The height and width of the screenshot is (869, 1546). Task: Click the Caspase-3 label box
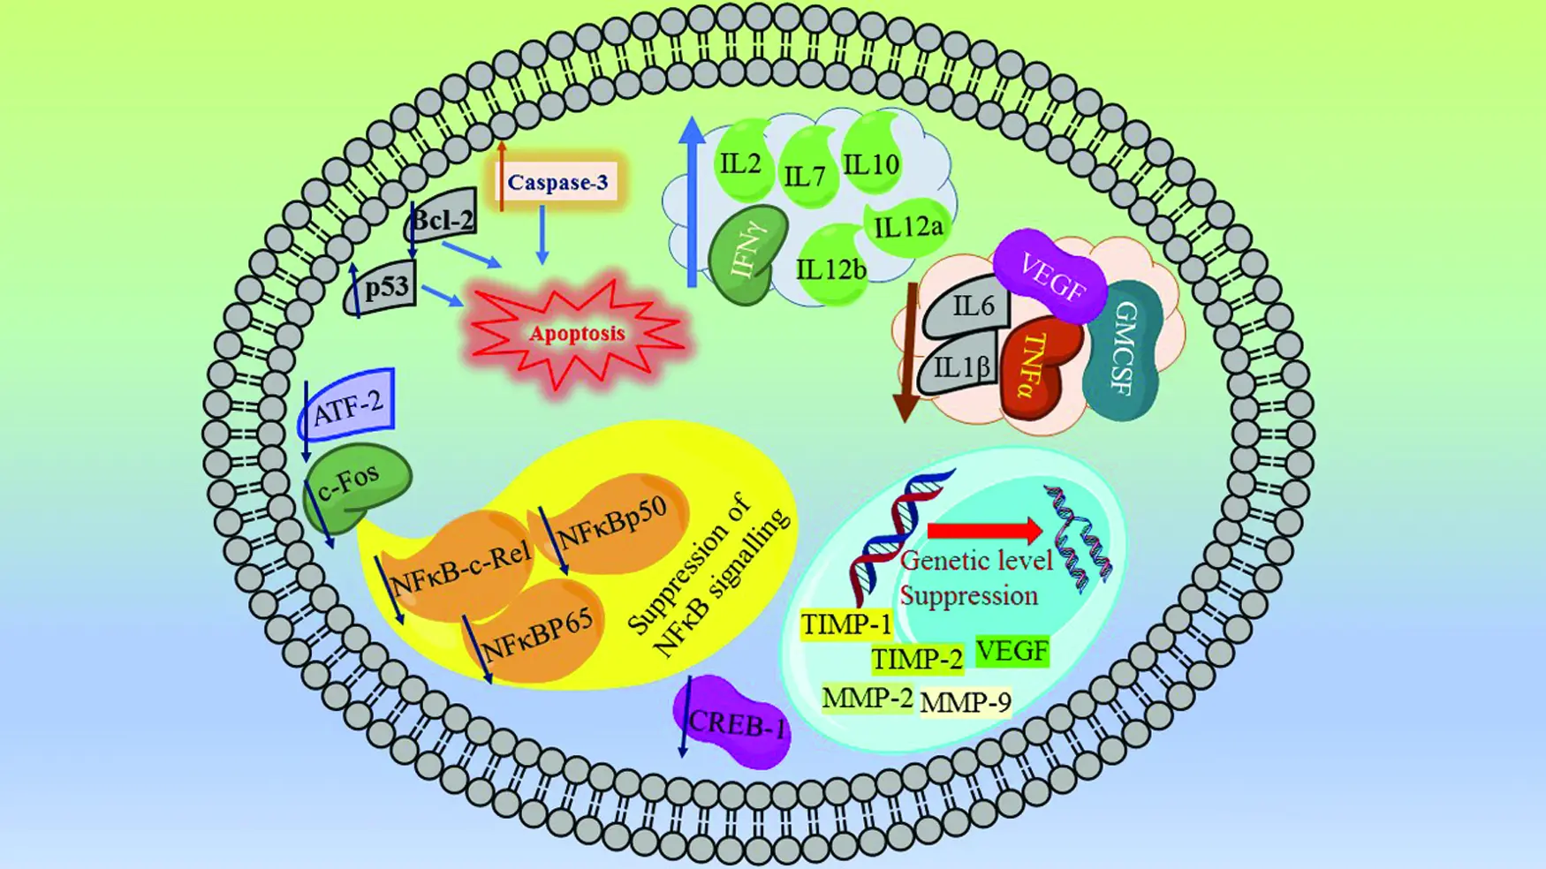click(557, 183)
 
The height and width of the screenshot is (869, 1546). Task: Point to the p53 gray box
click(381, 288)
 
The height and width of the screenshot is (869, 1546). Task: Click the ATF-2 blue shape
click(346, 404)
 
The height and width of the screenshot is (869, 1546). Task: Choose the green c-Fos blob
click(355, 487)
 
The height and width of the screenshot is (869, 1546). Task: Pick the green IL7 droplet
click(807, 168)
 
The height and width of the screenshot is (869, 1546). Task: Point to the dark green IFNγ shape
click(747, 255)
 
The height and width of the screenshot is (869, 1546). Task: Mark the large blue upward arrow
click(693, 201)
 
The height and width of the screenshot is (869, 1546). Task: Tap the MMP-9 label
click(966, 703)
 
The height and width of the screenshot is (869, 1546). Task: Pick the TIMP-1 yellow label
click(846, 624)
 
